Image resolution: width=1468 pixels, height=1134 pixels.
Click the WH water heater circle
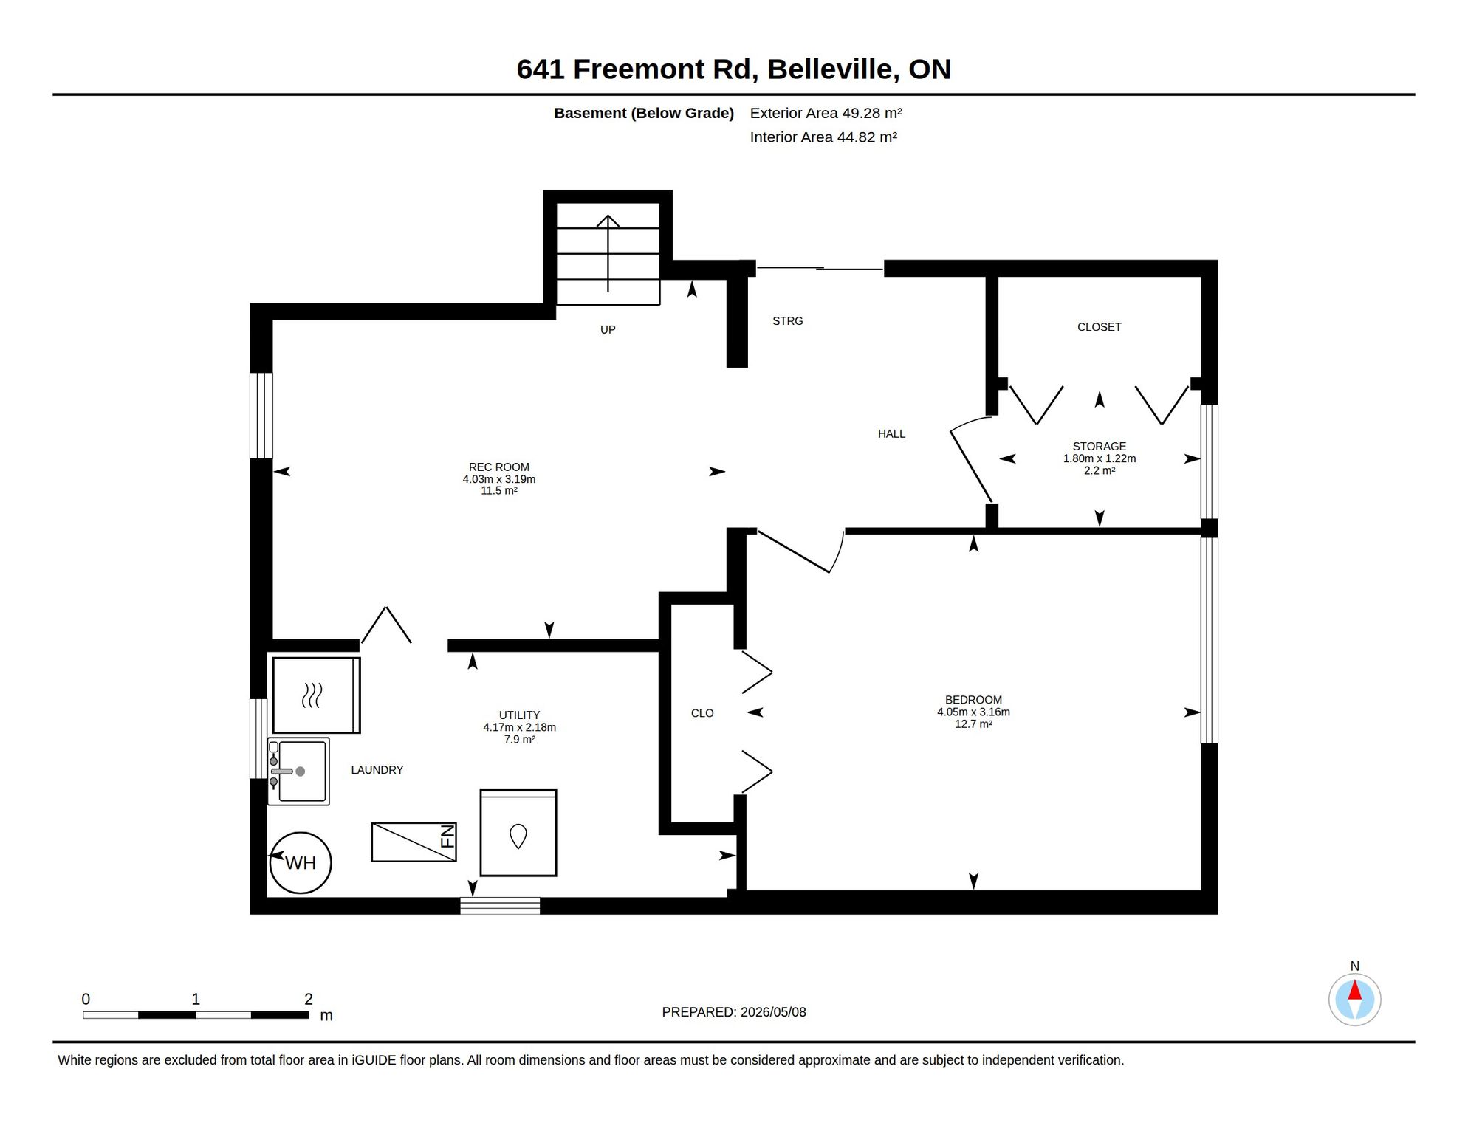pos(300,862)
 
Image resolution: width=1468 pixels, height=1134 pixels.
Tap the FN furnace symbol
pos(414,842)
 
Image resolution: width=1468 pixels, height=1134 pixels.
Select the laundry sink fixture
pos(298,772)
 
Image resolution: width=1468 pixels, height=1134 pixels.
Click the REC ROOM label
pos(499,467)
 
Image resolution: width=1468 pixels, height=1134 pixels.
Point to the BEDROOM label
pos(973,700)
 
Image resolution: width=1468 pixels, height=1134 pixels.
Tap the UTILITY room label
pos(519,715)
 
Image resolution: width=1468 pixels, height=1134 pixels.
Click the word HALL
pos(891,434)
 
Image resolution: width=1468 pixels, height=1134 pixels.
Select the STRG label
pos(787,321)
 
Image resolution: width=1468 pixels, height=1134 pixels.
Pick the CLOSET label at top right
pos(1099,327)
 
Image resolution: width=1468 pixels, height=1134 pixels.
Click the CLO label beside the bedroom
pos(702,713)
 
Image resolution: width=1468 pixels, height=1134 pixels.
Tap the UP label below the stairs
pos(608,330)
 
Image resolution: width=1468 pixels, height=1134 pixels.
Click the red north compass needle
pos(1354,989)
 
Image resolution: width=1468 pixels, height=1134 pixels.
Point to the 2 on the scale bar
pos(309,999)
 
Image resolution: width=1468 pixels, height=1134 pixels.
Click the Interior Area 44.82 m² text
pos(823,137)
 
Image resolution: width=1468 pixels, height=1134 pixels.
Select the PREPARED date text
pos(734,1012)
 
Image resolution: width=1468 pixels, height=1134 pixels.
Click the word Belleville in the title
pos(833,69)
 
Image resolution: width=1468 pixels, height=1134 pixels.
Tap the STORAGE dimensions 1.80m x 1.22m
pos(1099,458)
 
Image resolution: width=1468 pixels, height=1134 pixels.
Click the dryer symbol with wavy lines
pos(316,695)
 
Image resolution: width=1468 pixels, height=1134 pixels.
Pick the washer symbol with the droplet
pos(518,833)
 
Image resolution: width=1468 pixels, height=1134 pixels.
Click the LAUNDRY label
pos(377,770)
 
